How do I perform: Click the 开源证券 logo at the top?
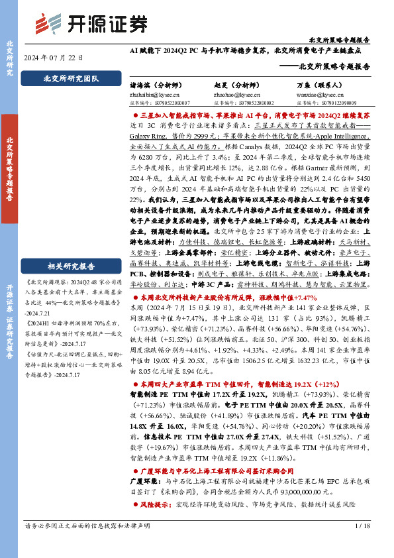(x=91, y=24)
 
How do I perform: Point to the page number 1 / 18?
(x=362, y=544)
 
